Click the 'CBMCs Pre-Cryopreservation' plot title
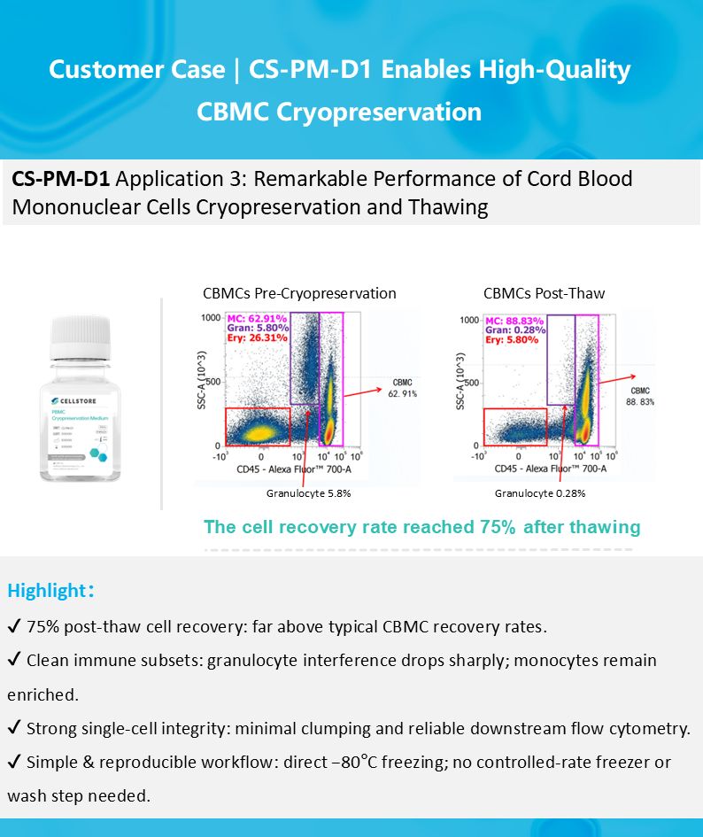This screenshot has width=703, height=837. coord(299,293)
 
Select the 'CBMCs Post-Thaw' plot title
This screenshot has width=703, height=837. coord(544,293)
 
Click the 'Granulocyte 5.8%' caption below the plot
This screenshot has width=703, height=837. coord(308,493)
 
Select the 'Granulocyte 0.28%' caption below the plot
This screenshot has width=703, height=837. coord(539,493)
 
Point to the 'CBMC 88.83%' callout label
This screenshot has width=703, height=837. coord(641,396)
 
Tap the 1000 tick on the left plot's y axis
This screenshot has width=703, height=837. coord(209,317)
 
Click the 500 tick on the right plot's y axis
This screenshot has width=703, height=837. coord(469,383)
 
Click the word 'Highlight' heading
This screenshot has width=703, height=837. coord(45,591)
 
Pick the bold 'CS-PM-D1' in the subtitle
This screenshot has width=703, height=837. coord(60,179)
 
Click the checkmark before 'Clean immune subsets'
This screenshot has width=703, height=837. coord(14,661)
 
